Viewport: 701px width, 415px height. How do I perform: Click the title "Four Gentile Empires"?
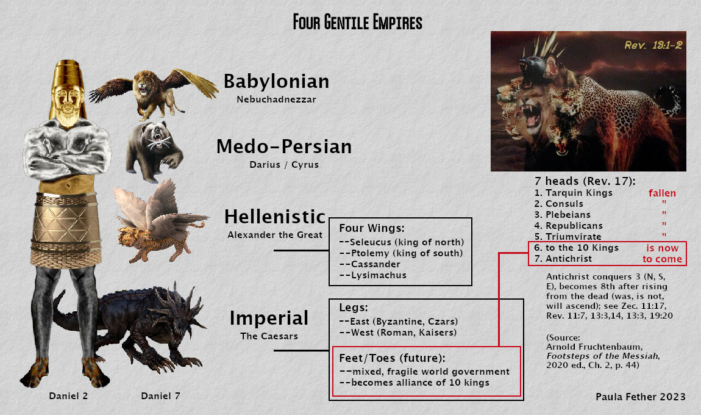click(358, 22)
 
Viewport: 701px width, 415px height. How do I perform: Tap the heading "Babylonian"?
click(276, 82)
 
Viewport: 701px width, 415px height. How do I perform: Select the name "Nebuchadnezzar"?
click(276, 99)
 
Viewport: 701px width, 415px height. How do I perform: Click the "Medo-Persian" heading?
click(284, 147)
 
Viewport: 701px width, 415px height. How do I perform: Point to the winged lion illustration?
click(154, 93)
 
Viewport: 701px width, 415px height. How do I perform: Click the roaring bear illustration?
click(154, 151)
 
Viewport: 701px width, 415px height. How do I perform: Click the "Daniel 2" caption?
click(68, 395)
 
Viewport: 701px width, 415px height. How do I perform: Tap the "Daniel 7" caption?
click(160, 395)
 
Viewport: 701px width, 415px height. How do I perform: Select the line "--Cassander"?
click(370, 264)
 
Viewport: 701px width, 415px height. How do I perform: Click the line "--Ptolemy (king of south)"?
click(401, 253)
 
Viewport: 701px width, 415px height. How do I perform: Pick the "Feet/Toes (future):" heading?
click(392, 358)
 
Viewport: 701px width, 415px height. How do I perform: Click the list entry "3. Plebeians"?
click(563, 215)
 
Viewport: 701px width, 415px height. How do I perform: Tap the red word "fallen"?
click(662, 193)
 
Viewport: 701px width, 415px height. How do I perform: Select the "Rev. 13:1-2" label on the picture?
click(653, 45)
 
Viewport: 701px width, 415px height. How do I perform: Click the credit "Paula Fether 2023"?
click(641, 397)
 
